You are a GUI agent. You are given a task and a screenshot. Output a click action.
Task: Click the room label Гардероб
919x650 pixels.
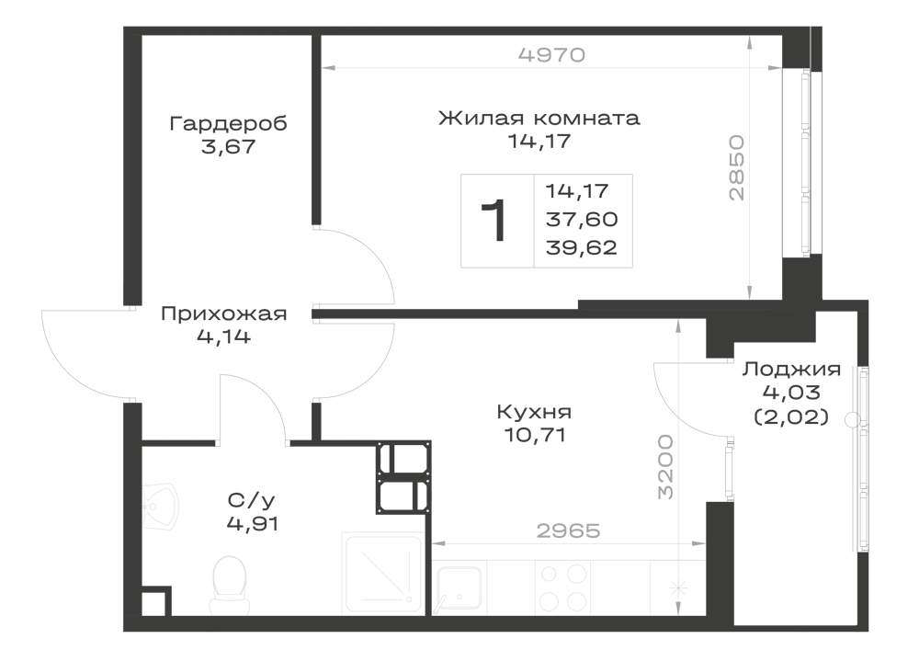228,124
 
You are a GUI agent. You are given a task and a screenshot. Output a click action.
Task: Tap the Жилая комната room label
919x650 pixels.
539,118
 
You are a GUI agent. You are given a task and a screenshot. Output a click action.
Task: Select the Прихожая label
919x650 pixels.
224,314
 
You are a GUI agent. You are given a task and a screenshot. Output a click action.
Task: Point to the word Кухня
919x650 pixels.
533,412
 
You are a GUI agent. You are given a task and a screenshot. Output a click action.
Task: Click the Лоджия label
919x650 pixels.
791,370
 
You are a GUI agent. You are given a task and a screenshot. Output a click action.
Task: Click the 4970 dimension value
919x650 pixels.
552,54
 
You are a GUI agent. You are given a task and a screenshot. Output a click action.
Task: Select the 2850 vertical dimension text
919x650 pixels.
736,168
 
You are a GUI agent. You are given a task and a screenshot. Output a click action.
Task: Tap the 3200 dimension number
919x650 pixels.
664,466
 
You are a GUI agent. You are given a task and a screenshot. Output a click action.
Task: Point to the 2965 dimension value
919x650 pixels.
569,530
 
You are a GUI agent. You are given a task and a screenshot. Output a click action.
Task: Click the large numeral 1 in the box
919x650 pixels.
494,221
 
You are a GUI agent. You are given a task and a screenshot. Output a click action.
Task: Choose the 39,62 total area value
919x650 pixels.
582,247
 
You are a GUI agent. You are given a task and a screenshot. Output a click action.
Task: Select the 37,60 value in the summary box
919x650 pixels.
582,219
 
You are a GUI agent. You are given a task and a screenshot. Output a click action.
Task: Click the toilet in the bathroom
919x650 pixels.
228,581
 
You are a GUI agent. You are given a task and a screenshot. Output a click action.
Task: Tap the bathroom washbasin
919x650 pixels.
161,507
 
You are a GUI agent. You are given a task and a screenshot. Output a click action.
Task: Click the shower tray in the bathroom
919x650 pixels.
383,573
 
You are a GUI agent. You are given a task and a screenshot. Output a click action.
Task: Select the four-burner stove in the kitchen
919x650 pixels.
562,587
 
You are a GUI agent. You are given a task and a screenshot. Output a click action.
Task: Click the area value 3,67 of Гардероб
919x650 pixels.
228,146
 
